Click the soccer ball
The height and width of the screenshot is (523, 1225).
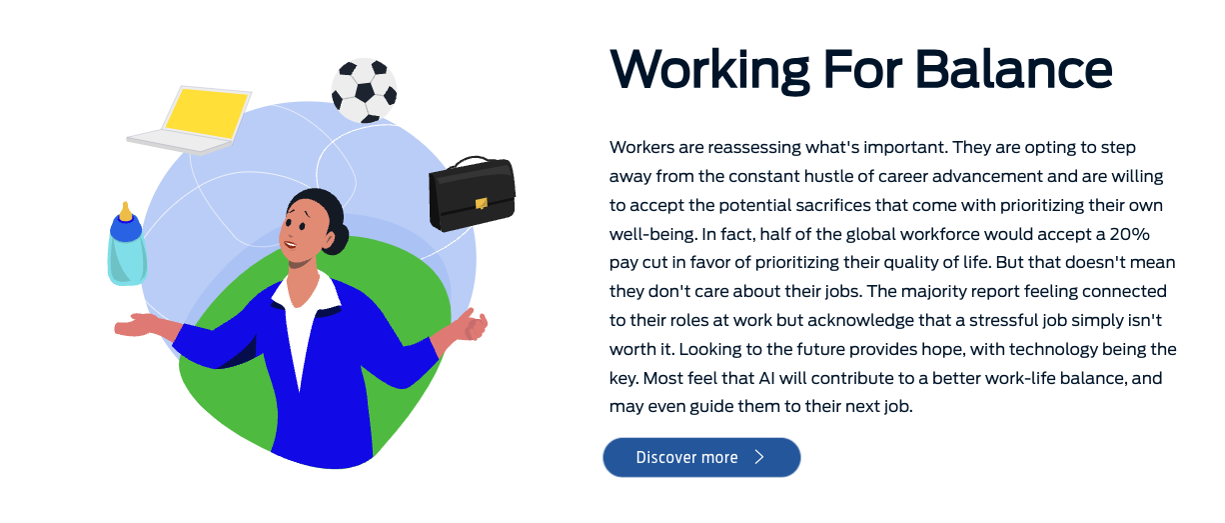(364, 91)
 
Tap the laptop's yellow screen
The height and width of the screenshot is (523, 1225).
(206, 114)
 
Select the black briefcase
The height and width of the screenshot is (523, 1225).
(472, 194)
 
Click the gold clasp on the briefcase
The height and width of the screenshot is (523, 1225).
(482, 204)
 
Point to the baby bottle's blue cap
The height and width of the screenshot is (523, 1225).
(125, 228)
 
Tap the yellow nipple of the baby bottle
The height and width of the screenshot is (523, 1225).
(125, 211)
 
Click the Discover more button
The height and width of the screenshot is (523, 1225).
(701, 457)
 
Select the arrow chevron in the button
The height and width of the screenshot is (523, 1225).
(759, 457)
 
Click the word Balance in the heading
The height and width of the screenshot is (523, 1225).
(1013, 69)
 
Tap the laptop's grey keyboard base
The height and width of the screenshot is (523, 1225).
(181, 141)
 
